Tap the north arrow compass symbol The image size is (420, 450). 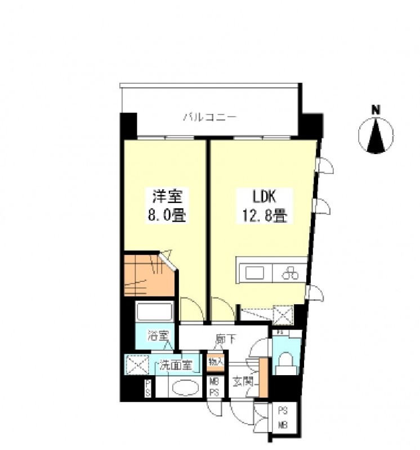click(376, 136)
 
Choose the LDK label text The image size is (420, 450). click(263, 197)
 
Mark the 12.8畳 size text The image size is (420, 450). click(263, 215)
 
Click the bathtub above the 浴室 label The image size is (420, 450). click(154, 312)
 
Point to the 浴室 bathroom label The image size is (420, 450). click(158, 337)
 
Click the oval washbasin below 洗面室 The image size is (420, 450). click(184, 388)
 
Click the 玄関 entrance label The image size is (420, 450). click(243, 381)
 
